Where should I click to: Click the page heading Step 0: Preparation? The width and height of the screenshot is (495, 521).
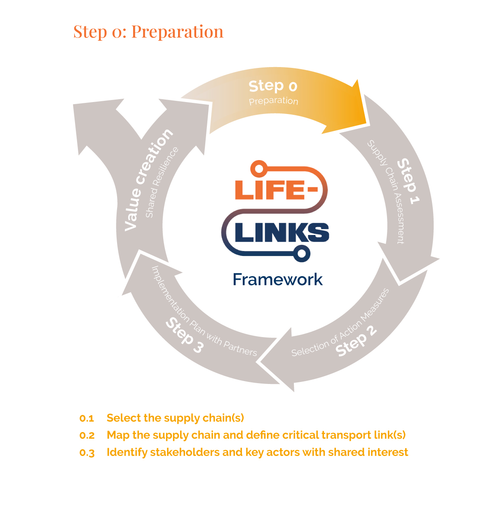[x=148, y=32]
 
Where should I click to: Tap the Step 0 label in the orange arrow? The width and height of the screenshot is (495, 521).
[x=273, y=86]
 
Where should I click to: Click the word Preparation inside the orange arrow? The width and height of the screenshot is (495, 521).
[x=273, y=101]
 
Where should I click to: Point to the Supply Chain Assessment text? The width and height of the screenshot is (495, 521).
[x=386, y=191]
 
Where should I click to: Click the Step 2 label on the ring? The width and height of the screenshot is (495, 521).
[x=356, y=341]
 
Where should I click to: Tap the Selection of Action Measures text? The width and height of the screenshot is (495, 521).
[x=340, y=323]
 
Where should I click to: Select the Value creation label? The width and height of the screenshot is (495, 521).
[x=148, y=179]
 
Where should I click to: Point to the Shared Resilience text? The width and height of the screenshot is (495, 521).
[x=162, y=182]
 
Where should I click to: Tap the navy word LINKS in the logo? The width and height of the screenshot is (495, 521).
[x=282, y=233]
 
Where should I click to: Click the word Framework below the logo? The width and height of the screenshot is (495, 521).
[x=277, y=279]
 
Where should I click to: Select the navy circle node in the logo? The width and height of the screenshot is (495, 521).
[x=302, y=254]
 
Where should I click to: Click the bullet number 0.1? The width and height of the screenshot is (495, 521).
[x=87, y=419]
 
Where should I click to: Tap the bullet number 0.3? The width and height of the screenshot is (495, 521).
[x=87, y=453]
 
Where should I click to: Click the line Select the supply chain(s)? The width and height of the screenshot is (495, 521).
[x=175, y=418]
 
